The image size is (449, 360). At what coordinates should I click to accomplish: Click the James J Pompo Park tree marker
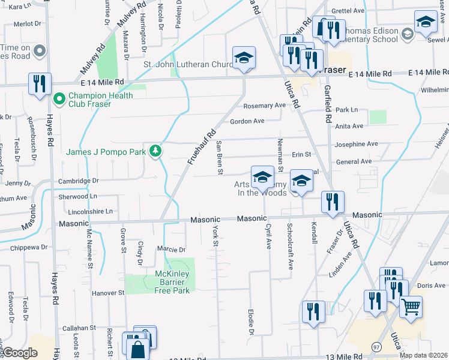click(x=156, y=151)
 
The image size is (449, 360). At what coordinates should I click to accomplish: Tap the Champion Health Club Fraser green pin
click(x=59, y=98)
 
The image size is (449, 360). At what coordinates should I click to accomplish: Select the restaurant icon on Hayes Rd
click(x=40, y=84)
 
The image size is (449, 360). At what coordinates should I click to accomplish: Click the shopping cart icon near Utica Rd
click(x=411, y=307)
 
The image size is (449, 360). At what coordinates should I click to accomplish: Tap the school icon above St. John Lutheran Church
click(x=244, y=58)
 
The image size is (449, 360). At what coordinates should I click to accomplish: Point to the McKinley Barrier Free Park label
click(x=172, y=282)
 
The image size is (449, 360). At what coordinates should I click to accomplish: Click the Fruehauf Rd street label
click(x=202, y=148)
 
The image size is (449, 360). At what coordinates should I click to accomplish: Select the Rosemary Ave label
click(x=264, y=106)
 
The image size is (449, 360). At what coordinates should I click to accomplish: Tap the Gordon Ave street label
click(x=247, y=121)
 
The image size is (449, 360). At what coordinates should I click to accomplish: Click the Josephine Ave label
click(x=356, y=144)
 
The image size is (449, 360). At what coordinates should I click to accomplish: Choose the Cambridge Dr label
click(x=78, y=181)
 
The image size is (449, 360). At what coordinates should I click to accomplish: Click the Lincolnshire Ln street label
click(x=83, y=211)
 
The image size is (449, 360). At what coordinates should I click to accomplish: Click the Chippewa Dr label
click(x=28, y=247)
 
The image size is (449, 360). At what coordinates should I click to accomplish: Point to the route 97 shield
click(x=376, y=347)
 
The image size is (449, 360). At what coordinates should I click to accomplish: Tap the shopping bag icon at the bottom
click(x=137, y=348)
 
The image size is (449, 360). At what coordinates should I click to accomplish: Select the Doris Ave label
click(x=431, y=286)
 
